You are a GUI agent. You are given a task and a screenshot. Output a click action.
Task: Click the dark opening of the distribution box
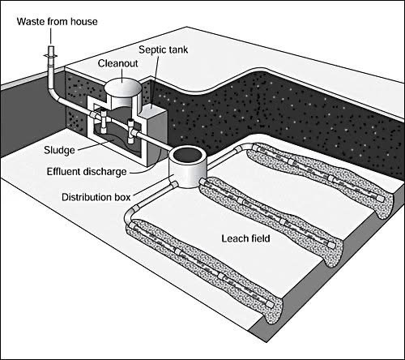pos(188,156)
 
